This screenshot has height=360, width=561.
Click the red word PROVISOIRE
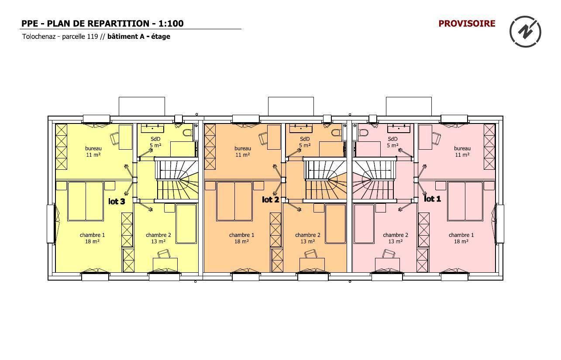point(467,24)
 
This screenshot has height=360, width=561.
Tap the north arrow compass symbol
point(525,32)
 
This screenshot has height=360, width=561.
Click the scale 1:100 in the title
point(171,24)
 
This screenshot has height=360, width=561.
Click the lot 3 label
point(117,201)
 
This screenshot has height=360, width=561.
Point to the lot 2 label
point(271,199)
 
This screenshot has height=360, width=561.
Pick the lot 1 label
point(432,199)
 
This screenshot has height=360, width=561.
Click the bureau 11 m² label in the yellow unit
point(93,151)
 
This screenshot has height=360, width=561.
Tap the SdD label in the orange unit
point(305,139)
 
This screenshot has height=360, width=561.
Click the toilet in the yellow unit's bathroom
point(187,132)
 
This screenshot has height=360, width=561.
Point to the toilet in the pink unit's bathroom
point(363,132)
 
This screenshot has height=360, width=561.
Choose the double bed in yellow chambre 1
point(86,201)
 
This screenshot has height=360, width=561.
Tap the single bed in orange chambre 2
point(336,224)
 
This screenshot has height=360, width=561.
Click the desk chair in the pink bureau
point(436,138)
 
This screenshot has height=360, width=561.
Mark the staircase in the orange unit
point(325,179)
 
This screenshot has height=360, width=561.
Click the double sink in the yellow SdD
point(152,128)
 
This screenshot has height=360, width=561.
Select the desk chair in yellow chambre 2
point(164,254)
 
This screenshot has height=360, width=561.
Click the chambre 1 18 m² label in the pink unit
point(461,238)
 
